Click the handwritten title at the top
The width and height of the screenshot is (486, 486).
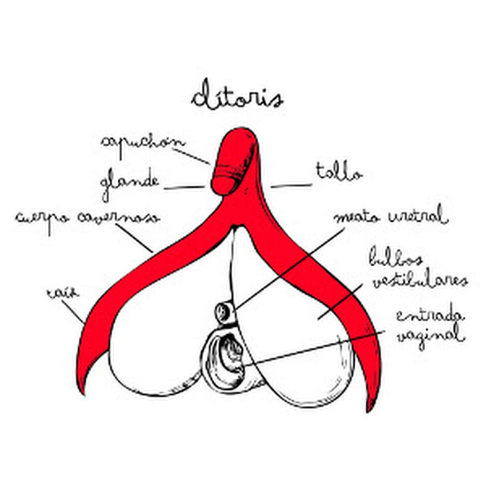[237, 97]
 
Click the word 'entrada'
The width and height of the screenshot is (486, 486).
[430, 315]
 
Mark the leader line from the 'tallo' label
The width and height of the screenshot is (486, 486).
[291, 186]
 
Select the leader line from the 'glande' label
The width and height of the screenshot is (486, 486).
[184, 188]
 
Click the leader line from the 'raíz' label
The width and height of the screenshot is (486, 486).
[73, 313]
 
